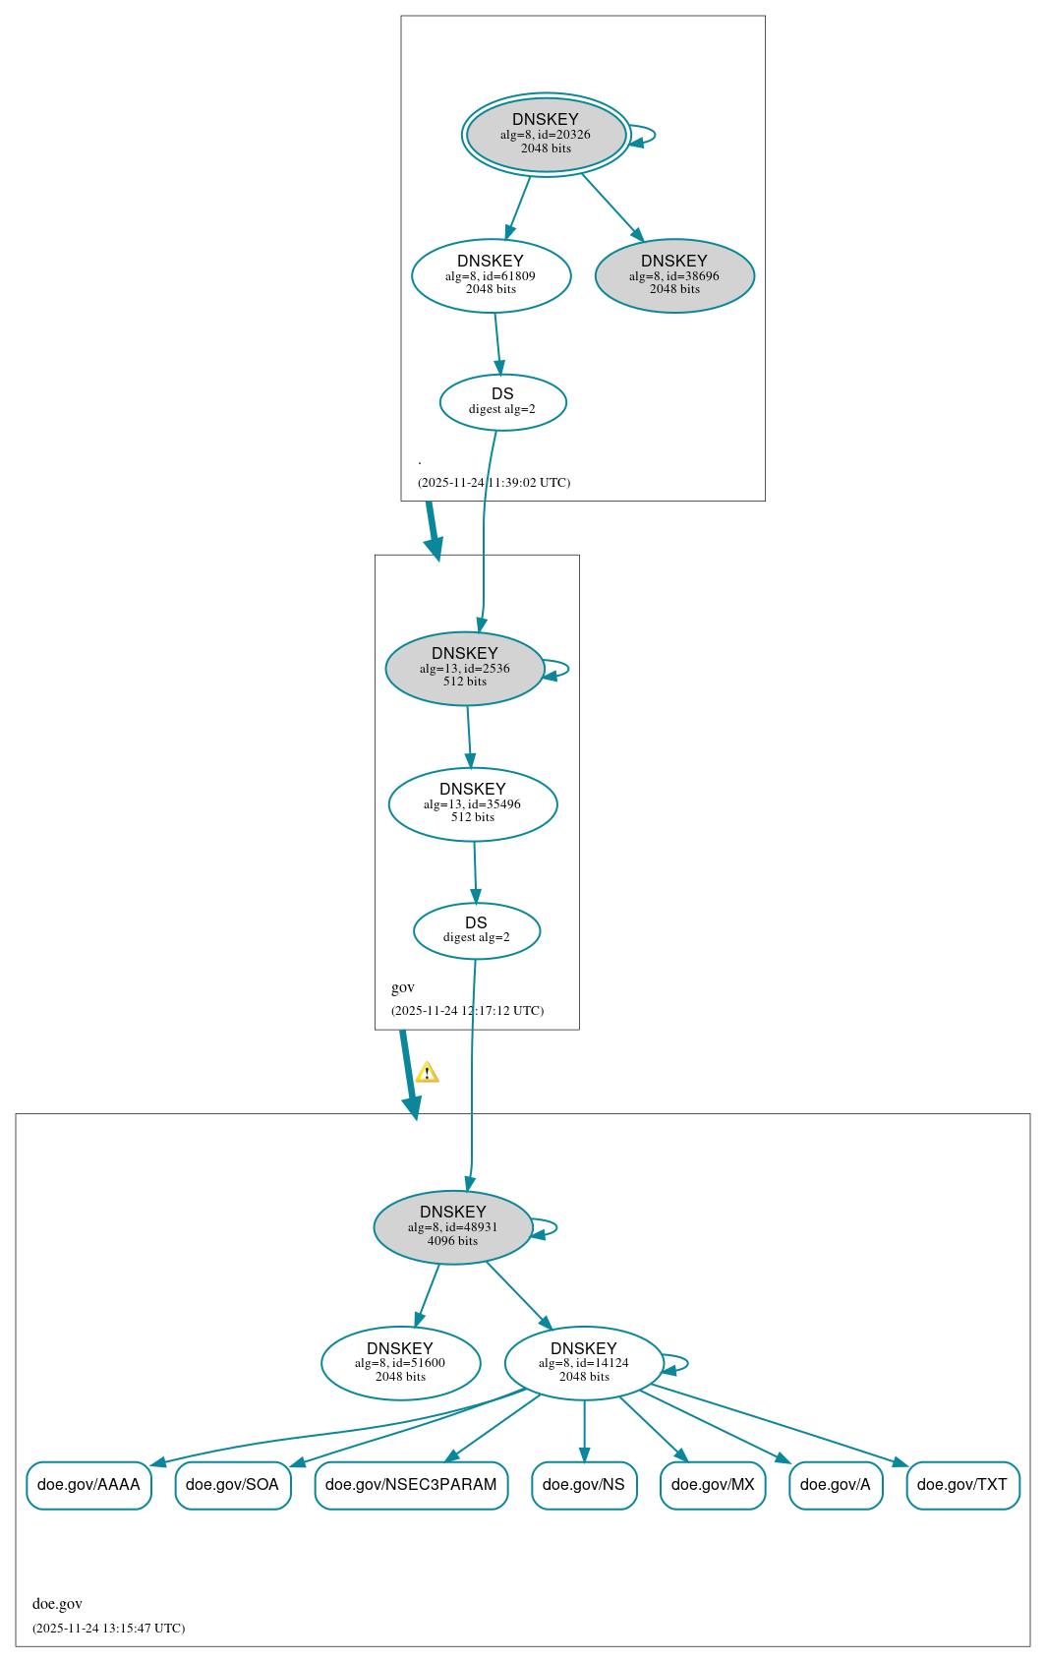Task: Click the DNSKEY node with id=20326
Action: coord(546,135)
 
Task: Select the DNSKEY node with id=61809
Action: coord(492,275)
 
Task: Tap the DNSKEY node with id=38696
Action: coord(674,275)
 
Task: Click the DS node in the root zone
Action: coord(503,402)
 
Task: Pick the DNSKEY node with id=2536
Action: coord(465,668)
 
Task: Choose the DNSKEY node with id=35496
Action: coord(473,803)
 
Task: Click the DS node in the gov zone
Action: coord(476,930)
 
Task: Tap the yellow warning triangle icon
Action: coord(427,1072)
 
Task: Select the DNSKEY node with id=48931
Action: coord(452,1227)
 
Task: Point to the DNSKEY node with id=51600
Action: coord(400,1363)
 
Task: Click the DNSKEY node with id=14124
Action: coord(584,1363)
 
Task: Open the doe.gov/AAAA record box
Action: coord(89,1485)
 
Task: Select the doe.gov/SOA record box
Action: coord(232,1485)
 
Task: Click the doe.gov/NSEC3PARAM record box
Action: coord(411,1485)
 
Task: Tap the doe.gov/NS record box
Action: coord(584,1485)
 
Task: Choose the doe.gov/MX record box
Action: coord(713,1485)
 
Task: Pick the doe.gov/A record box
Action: coord(836,1485)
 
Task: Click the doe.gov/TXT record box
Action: coord(962,1485)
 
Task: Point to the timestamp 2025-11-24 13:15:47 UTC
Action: coord(108,1628)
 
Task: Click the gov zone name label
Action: coord(403,987)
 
